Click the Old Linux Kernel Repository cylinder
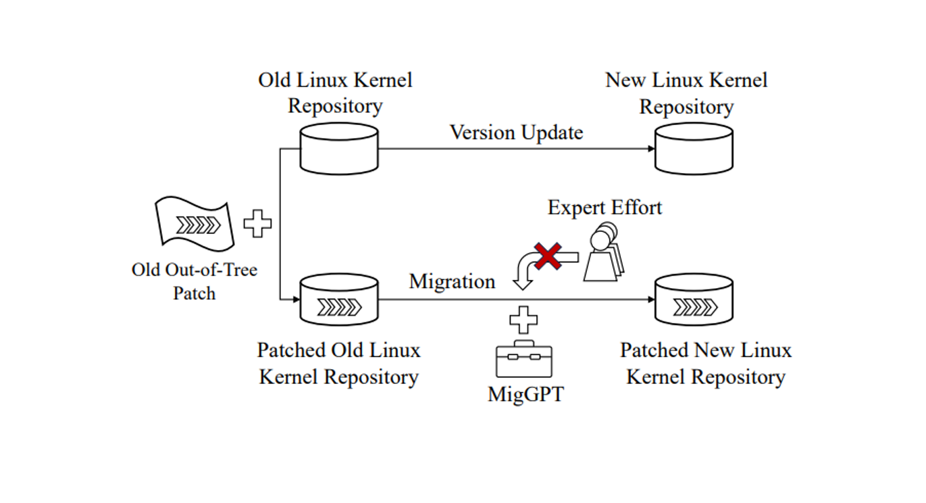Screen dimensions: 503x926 pyautogui.click(x=339, y=148)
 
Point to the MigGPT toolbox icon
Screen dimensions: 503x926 pyautogui.click(x=523, y=358)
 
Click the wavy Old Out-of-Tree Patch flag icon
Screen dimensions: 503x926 pyautogui.click(x=195, y=222)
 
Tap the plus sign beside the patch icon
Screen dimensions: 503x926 pyautogui.click(x=257, y=224)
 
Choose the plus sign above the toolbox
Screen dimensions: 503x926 pyautogui.click(x=523, y=319)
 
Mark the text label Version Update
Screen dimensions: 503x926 pyautogui.click(x=516, y=132)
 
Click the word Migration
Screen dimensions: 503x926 pyautogui.click(x=452, y=281)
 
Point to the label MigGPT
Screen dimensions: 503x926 pyautogui.click(x=525, y=394)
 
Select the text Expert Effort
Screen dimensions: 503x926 pyautogui.click(x=605, y=207)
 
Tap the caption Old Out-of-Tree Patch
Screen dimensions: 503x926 pyautogui.click(x=195, y=281)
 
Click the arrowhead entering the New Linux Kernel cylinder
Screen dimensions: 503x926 pyautogui.click(x=650, y=148)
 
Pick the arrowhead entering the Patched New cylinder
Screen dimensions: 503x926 pyautogui.click(x=650, y=300)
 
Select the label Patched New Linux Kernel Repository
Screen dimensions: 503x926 pyautogui.click(x=706, y=364)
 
